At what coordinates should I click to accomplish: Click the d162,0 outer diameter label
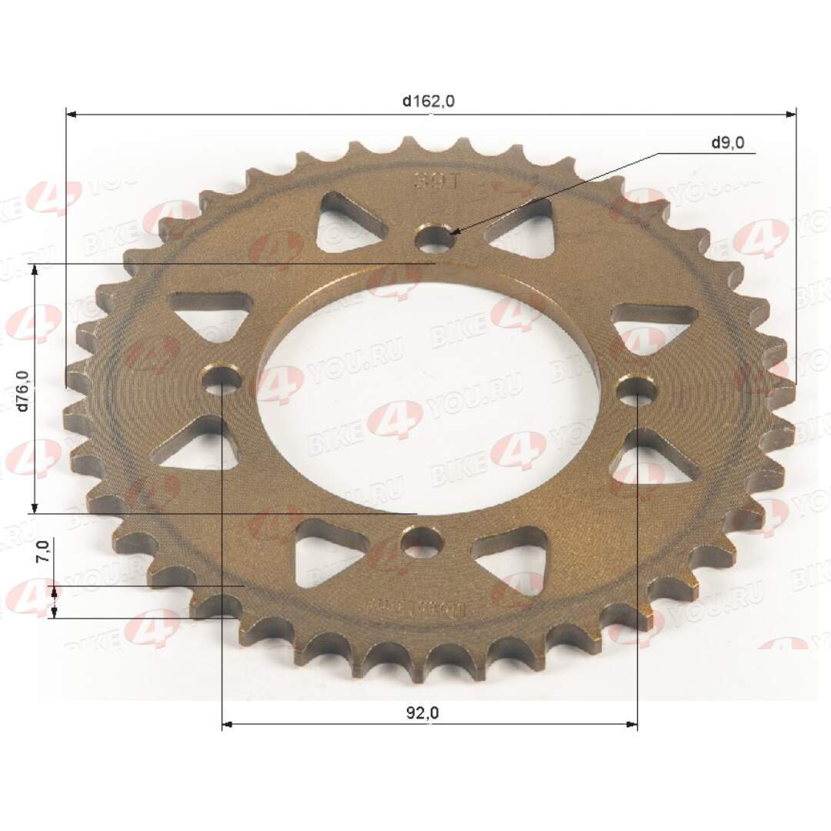coord(429,101)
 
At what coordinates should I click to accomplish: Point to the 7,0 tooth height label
coord(44,552)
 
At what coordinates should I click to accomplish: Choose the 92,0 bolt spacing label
coord(422,713)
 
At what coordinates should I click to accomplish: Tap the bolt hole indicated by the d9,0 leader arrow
coord(435,238)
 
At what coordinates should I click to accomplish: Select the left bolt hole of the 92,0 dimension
coord(222,379)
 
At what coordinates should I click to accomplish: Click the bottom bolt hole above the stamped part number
coord(422,543)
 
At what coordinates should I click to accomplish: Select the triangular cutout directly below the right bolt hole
coord(652,460)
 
